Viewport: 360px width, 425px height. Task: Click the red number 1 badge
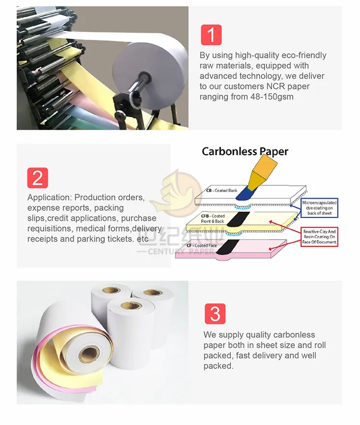tap(211, 35)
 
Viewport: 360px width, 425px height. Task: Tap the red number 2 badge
tap(38, 177)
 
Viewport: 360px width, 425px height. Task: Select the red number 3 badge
tap(215, 314)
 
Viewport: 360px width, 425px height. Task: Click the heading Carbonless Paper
tap(245, 151)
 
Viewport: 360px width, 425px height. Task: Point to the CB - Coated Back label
tap(222, 191)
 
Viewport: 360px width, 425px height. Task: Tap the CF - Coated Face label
tap(202, 246)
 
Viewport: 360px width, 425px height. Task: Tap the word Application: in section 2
tap(49, 197)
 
